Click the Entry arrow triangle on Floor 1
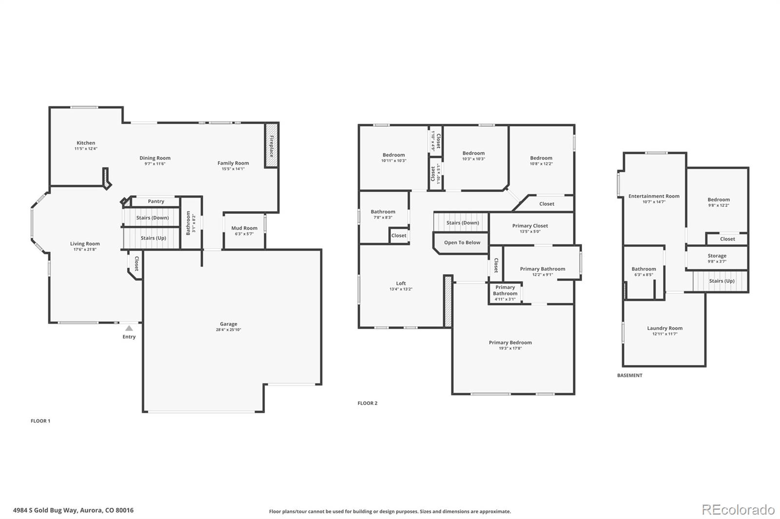[129, 328]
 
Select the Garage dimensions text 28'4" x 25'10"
[229, 330]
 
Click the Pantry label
[156, 201]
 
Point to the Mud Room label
[244, 228]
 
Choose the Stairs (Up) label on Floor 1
[153, 238]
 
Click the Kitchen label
[86, 143]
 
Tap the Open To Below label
[462, 242]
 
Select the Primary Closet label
[530, 225]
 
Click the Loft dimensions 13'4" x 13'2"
[401, 289]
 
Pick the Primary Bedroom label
[510, 342]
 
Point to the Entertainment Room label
[654, 196]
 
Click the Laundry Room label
[664, 328]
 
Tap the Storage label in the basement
[717, 256]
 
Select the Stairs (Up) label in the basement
[721, 281]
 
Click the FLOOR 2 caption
[367, 403]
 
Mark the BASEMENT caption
[629, 375]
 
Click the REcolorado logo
[738, 510]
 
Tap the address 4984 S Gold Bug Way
[73, 510]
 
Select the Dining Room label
[155, 158]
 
